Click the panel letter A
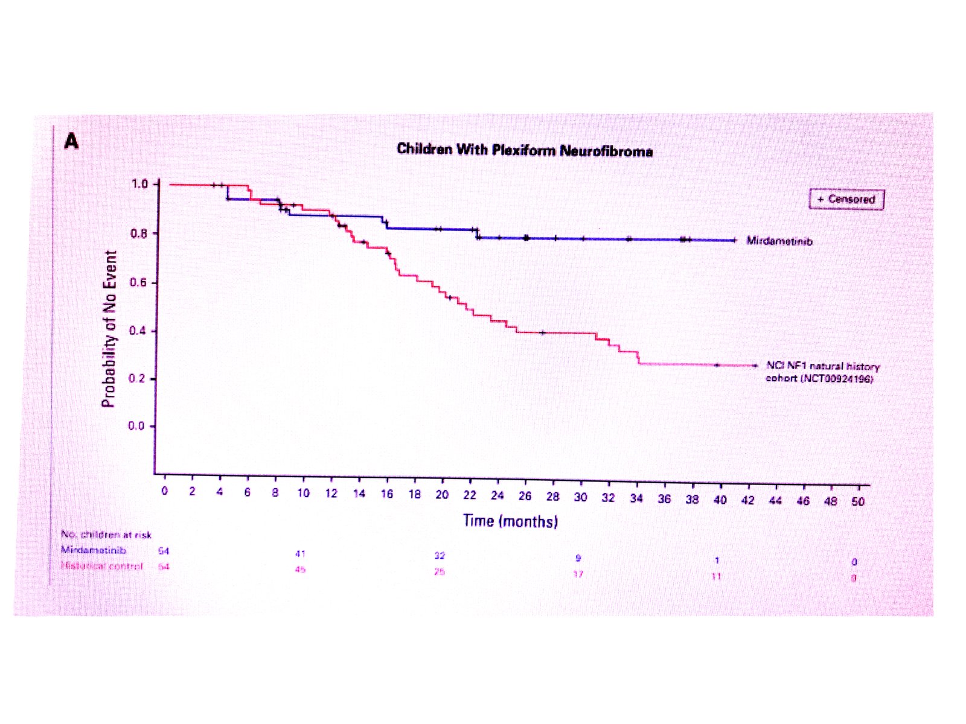71,141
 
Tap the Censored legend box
846,199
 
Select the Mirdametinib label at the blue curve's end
779,241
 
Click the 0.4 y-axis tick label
138,331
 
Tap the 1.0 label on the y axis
139,183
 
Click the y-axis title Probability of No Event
109,329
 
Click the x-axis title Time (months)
510,521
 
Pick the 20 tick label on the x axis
442,495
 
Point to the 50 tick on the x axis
858,501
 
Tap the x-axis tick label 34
636,498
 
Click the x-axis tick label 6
247,492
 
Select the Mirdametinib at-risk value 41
300,553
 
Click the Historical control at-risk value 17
578,574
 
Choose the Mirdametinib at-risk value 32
440,556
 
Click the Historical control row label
101,566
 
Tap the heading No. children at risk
106,535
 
